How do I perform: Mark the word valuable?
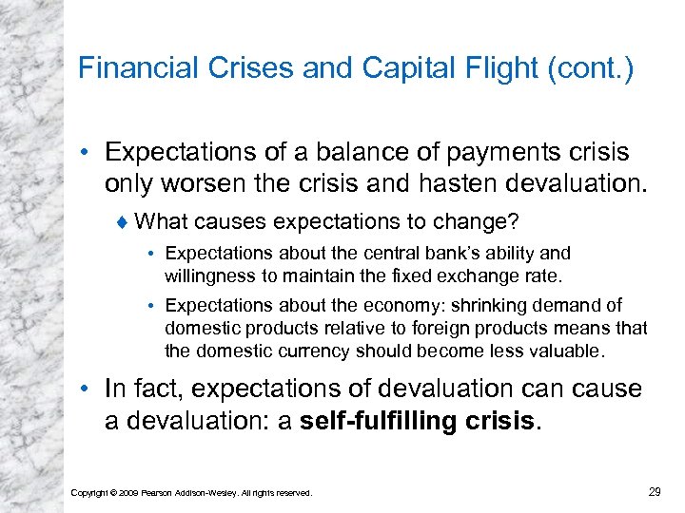pyautogui.click(x=558, y=351)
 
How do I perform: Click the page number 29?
pyautogui.click(x=655, y=490)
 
